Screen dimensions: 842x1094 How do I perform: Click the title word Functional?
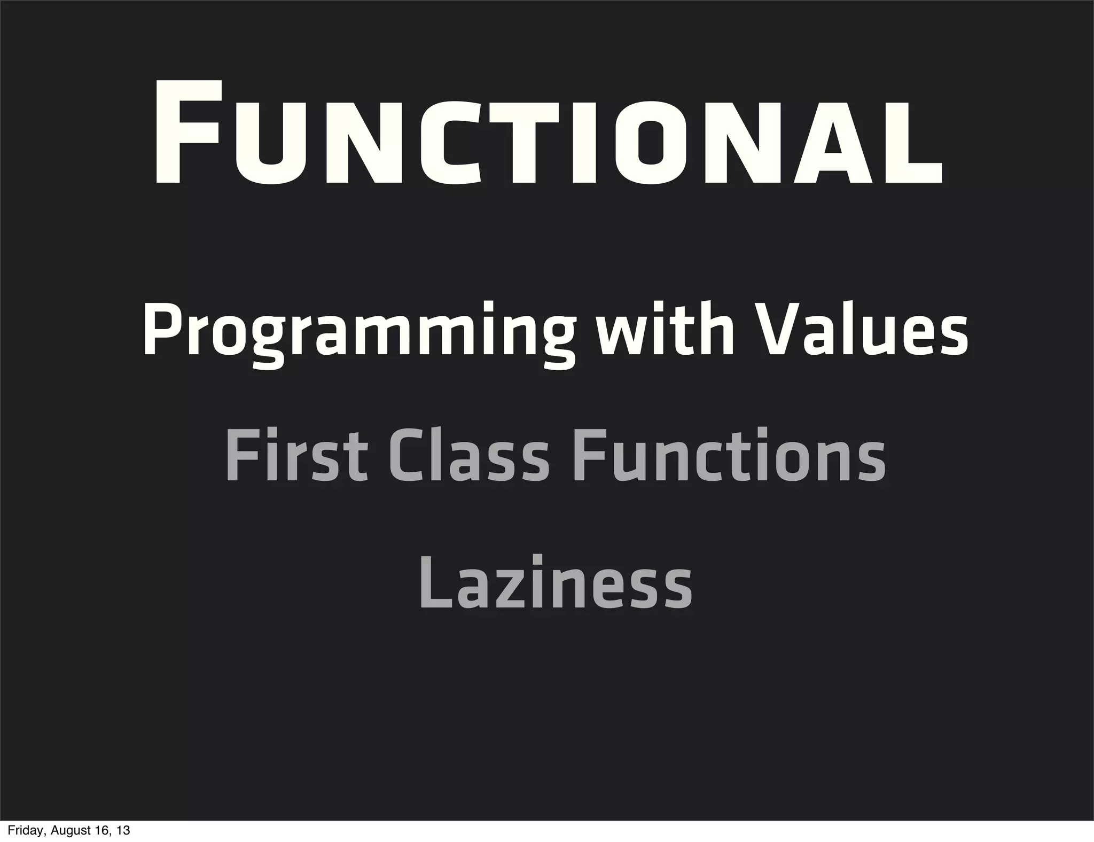[548, 134]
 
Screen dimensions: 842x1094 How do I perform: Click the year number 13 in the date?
[123, 831]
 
